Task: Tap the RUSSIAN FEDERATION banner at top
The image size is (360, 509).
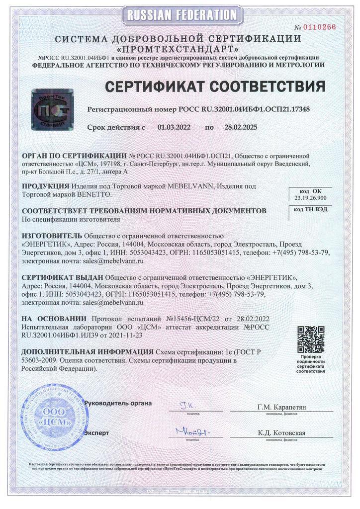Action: click(180, 15)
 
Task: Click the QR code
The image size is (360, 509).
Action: click(311, 339)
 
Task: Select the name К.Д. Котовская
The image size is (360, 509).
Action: click(281, 433)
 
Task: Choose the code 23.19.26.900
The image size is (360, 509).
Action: click(311, 197)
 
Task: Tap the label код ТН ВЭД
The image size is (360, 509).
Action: click(311, 209)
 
